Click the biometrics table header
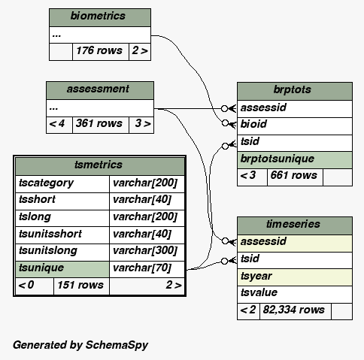[x=100, y=17]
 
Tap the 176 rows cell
[x=101, y=52]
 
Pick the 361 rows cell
[x=101, y=125]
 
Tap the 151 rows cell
[x=81, y=286]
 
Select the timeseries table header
[x=295, y=225]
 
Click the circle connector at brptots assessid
[x=225, y=108]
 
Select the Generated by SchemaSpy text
[x=80, y=345]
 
